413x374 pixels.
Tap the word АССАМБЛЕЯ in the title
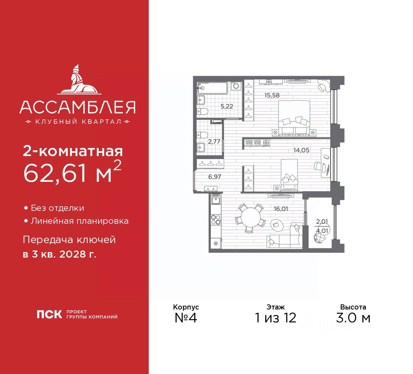click(77, 107)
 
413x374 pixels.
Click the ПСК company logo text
click(49, 314)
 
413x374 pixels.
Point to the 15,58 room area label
click(272, 95)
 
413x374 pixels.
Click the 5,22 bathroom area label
click(227, 106)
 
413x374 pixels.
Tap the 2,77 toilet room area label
click(214, 142)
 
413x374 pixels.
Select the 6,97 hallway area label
click(215, 177)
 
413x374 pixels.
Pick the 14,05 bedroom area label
click(301, 150)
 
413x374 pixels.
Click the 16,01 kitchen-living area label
click(281, 209)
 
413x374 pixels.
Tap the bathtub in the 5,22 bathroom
click(212, 88)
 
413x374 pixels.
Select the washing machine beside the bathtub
click(236, 86)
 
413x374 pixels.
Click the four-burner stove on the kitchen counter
click(216, 220)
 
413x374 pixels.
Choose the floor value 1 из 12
click(275, 318)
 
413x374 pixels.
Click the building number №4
click(186, 318)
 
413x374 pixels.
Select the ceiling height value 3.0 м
click(353, 318)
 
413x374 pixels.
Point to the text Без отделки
click(57, 208)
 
